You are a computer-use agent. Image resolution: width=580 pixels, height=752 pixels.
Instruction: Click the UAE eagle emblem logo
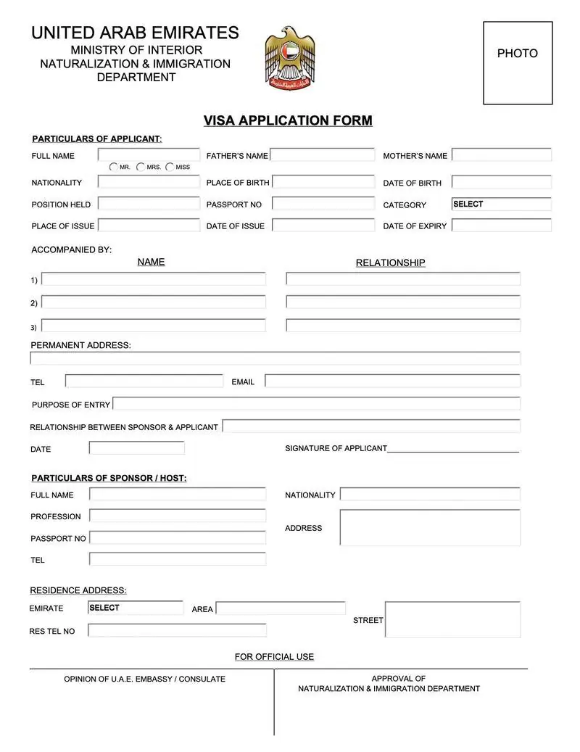290,58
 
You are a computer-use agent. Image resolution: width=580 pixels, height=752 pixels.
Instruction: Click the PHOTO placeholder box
518,63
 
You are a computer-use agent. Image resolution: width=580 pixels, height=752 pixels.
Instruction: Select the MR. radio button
114,167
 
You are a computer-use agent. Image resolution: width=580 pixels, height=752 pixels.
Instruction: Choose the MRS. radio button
141,167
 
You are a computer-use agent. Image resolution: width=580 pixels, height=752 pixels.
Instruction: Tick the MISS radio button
170,167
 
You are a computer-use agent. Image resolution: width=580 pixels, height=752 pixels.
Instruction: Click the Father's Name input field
323,154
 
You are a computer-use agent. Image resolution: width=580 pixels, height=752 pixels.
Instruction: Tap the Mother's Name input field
502,154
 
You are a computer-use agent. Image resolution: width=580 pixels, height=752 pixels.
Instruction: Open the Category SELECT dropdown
501,204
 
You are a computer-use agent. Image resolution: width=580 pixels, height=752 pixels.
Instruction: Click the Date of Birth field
502,182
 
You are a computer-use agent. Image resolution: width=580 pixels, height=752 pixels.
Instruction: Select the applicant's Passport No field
323,204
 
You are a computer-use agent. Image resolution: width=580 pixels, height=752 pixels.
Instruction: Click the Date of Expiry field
502,226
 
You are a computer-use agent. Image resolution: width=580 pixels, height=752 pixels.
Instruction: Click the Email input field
392,381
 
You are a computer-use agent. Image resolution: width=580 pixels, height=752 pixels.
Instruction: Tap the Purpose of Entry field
316,404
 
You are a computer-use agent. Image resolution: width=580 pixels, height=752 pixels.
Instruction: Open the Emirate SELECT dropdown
136,608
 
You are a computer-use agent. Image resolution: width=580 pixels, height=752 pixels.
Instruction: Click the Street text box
452,619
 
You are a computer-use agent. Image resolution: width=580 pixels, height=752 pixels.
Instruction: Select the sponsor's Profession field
178,516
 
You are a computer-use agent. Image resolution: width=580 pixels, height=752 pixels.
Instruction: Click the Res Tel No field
177,630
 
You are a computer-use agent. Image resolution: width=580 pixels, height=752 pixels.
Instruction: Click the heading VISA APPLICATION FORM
288,120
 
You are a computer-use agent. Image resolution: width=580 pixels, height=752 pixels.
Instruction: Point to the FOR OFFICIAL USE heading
274,656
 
